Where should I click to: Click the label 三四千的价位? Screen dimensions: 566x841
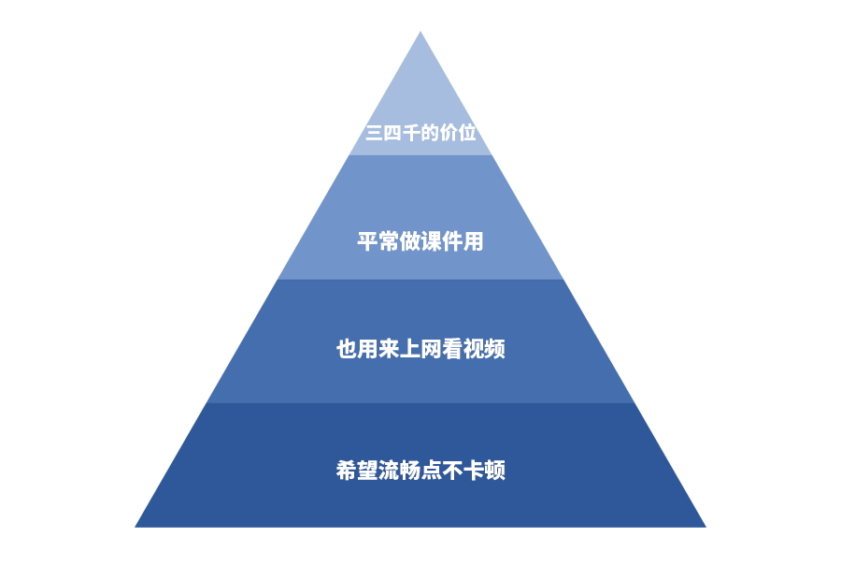[420, 133]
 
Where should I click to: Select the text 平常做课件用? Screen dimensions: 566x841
[420, 241]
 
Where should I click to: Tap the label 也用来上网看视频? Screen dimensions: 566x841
[420, 350]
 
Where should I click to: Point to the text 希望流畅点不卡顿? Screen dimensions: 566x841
[420, 470]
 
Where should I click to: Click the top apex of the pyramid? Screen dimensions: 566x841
[420, 33]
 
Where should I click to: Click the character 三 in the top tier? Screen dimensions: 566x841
[374, 133]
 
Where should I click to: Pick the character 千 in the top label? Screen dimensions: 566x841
[411, 133]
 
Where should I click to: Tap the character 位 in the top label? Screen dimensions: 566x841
[467, 133]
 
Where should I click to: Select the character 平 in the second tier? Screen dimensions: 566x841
[367, 241]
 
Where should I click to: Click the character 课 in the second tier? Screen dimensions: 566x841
[432, 241]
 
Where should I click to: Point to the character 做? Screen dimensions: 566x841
[410, 241]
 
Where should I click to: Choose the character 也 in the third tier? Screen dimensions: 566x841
[347, 350]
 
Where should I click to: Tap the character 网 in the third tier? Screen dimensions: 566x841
[432, 350]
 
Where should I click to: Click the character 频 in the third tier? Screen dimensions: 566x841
[495, 350]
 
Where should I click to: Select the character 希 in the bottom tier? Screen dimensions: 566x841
[347, 470]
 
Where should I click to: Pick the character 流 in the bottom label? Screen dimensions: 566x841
[389, 470]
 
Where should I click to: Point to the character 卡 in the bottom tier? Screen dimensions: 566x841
[474, 470]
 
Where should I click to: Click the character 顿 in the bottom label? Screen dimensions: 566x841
[495, 470]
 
